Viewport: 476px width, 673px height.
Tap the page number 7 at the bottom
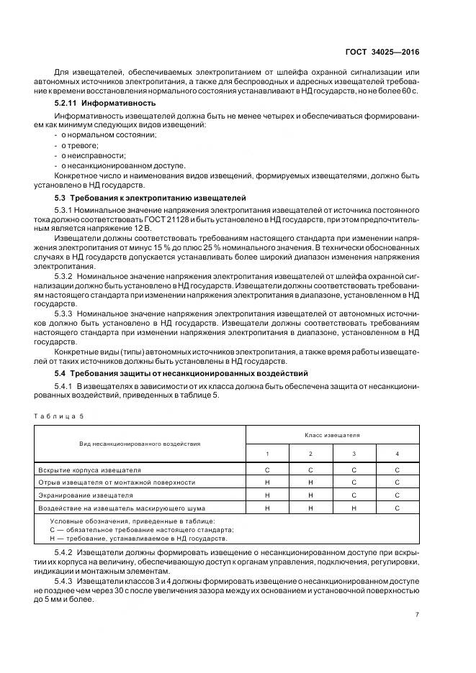point(418,614)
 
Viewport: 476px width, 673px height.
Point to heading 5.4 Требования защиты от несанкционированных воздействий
point(181,373)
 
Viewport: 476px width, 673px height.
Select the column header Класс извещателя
point(332,435)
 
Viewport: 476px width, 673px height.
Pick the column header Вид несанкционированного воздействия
point(140,444)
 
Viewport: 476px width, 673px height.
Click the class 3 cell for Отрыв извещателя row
point(354,482)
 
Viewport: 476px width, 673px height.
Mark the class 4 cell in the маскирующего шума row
point(398,508)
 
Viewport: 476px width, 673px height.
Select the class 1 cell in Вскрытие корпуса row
point(267,470)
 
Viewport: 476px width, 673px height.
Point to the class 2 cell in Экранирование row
point(310,495)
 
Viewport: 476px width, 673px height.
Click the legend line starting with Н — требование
point(138,537)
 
